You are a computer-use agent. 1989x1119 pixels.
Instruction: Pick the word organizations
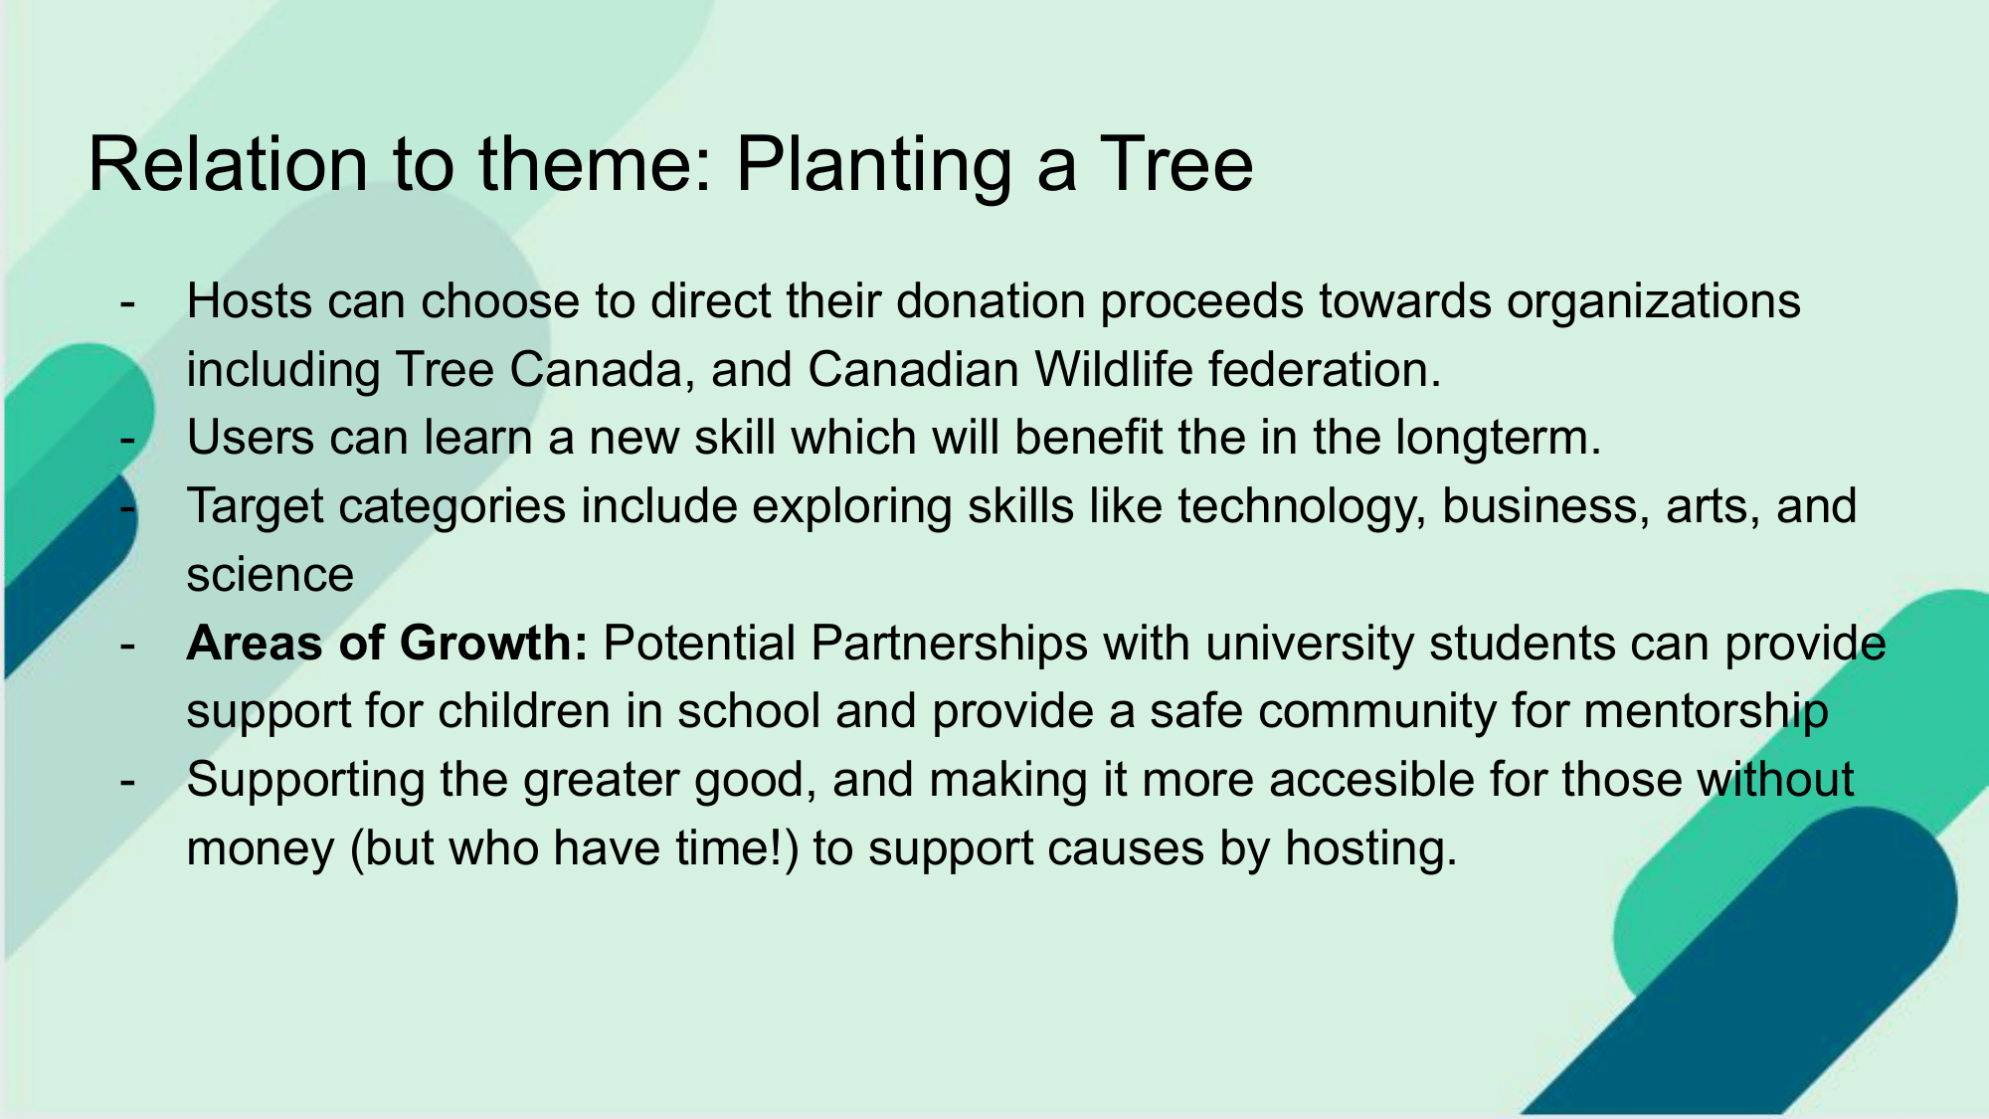[x=1654, y=302]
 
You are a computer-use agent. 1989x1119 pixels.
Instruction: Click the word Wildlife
[x=1114, y=369]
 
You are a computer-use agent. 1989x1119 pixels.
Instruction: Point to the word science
[x=271, y=575]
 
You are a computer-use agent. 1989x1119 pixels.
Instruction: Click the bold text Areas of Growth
[x=388, y=643]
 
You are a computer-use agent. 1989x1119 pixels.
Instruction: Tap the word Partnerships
[x=950, y=645]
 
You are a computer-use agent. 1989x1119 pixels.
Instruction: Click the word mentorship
[x=1706, y=712]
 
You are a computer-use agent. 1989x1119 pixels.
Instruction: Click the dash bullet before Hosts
[x=127, y=303]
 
